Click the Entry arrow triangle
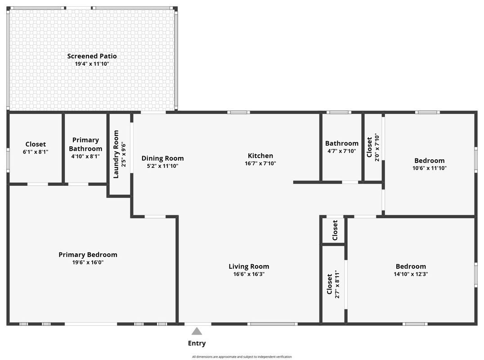197,332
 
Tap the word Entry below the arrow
197,343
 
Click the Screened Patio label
92,56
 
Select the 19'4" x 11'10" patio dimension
92,64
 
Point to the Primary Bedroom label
88,255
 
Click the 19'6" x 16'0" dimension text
88,262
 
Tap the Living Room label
249,266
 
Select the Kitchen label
260,156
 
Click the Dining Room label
162,158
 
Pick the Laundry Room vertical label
116,154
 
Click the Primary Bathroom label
85,144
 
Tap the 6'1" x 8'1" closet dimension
36,152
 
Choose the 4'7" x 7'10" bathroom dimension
342,151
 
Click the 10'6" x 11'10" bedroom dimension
430,168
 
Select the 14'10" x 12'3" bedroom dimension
411,274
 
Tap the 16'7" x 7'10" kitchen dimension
260,163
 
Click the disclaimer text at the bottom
242,357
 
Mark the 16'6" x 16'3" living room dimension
249,274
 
